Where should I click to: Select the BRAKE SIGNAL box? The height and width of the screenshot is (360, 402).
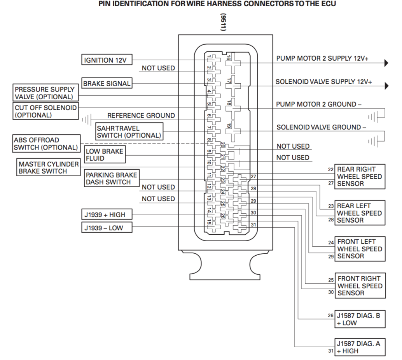[x=107, y=83]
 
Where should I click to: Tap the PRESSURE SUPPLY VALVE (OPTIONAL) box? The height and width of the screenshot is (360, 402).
[x=45, y=93]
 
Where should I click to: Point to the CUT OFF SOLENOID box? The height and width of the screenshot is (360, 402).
[x=45, y=111]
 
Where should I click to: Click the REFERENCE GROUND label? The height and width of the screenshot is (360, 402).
[x=141, y=116]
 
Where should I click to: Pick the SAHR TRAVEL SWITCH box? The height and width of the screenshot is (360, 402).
[x=128, y=132]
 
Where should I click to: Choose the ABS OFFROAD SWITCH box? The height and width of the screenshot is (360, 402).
[x=45, y=144]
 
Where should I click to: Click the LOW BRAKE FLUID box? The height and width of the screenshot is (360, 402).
[x=104, y=155]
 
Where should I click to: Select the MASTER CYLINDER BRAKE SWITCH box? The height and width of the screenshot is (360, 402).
[x=48, y=167]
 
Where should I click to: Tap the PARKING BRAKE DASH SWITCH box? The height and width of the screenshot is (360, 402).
[x=111, y=179]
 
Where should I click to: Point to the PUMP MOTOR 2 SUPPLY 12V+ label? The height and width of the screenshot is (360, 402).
[x=322, y=58]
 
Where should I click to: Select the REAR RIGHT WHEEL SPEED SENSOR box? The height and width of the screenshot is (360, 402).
[x=360, y=176]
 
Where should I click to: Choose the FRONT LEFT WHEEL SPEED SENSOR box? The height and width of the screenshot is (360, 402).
[x=360, y=249]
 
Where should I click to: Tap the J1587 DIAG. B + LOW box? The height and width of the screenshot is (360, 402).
[x=360, y=320]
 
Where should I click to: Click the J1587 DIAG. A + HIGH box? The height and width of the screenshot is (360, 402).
[x=360, y=347]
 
